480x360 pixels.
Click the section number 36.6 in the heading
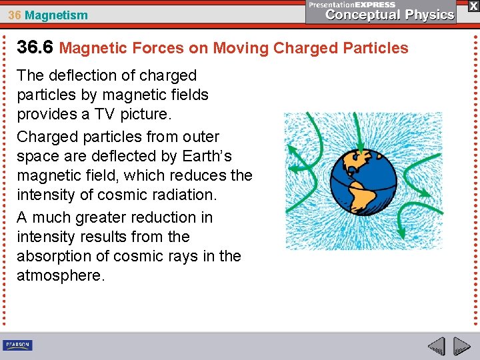[x=35, y=47]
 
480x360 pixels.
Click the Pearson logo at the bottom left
[x=17, y=345]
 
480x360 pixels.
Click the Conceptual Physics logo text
[x=389, y=14]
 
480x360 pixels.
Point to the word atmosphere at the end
[x=59, y=275]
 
